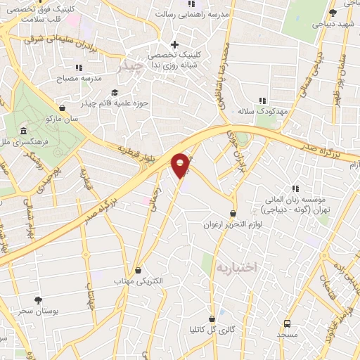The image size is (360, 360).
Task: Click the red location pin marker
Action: (x=181, y=165)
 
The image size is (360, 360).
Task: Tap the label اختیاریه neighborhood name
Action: (x=237, y=268)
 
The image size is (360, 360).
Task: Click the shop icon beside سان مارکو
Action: (x=63, y=108)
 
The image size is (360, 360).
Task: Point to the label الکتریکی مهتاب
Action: (x=138, y=281)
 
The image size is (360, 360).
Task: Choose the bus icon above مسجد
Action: (x=287, y=323)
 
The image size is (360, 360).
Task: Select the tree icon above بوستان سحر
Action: (x=38, y=300)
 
